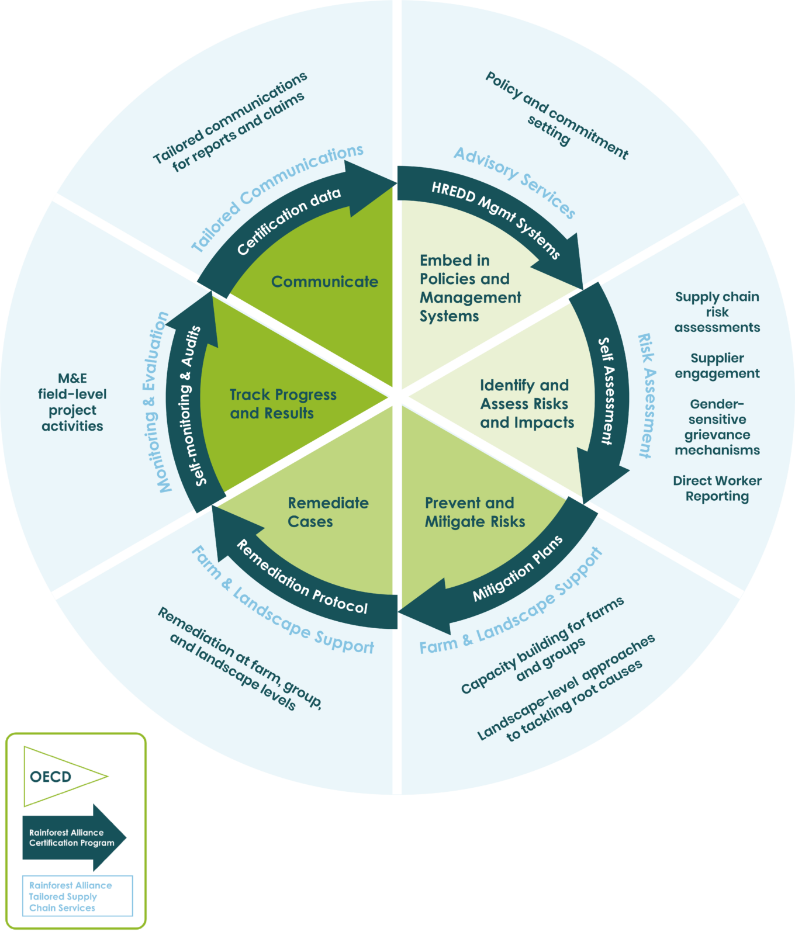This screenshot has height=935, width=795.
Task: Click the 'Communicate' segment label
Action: [x=324, y=282]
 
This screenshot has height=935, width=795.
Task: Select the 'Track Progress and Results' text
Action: [x=282, y=404]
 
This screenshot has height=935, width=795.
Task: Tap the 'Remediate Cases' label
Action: [x=327, y=512]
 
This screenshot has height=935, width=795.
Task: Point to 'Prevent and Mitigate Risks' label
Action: [x=474, y=512]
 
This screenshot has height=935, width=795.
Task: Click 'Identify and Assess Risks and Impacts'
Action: [x=526, y=404]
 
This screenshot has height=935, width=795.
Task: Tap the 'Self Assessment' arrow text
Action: [x=607, y=391]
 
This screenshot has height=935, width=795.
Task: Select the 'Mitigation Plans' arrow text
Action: [x=518, y=568]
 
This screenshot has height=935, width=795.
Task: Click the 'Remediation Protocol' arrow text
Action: [x=302, y=579]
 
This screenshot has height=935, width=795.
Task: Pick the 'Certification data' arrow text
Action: [x=288, y=221]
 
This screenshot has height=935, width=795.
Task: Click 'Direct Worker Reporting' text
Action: [x=717, y=489]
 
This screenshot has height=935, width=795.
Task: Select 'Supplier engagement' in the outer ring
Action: [x=717, y=366]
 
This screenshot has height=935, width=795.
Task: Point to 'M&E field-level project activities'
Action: [x=72, y=402]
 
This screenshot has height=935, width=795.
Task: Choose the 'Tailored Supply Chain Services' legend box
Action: [x=77, y=896]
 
